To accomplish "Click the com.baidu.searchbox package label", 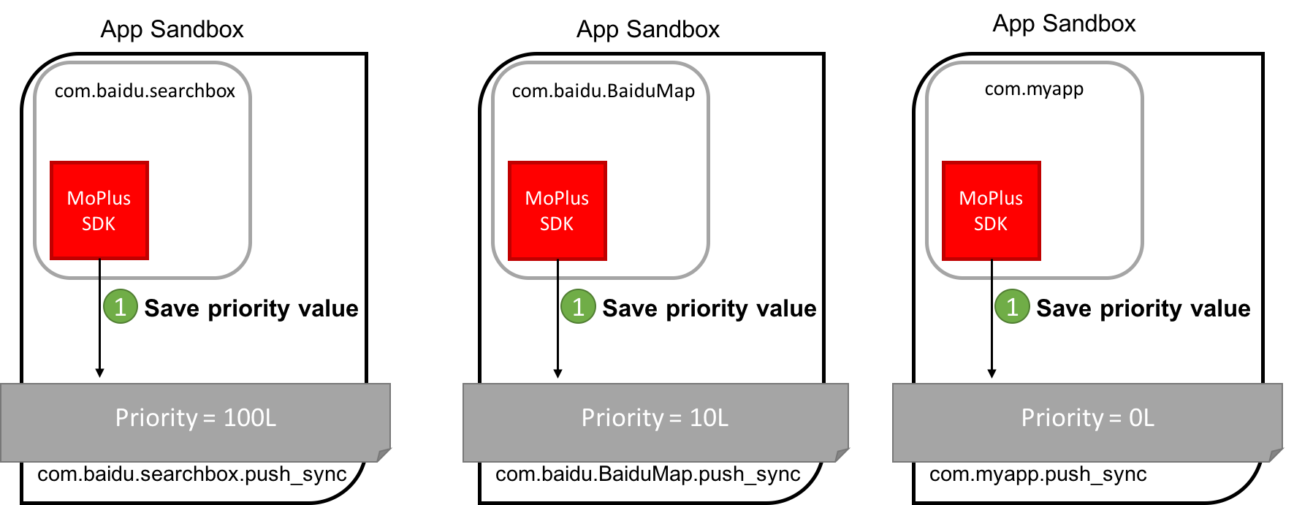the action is [x=145, y=91].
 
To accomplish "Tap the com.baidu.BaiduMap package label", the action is [x=604, y=91].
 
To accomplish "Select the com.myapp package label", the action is [x=1034, y=89].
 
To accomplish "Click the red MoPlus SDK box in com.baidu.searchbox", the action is [x=99, y=210].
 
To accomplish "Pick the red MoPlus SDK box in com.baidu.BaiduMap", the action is [x=557, y=210].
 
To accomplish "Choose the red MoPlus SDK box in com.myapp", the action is [x=992, y=210].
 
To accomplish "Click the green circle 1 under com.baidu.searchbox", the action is [x=121, y=307].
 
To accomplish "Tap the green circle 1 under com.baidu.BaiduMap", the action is [x=578, y=307].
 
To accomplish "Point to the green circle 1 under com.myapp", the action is [x=1012, y=307].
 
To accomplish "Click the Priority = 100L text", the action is [x=196, y=418].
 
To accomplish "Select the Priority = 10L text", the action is [x=655, y=418].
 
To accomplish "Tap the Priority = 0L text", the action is [x=1088, y=418].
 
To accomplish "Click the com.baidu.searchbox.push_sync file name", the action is [x=192, y=474].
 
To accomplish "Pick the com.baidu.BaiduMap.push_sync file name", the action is [x=648, y=474].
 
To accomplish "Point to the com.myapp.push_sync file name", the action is [x=1038, y=474].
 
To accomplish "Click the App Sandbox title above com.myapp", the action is [x=1064, y=24].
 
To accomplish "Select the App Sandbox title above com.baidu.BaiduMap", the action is [x=648, y=30].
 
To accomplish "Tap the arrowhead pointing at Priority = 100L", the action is [x=100, y=373].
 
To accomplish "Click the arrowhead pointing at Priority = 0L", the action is [x=992, y=373].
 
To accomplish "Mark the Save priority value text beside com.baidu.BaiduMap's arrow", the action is [x=709, y=308].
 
